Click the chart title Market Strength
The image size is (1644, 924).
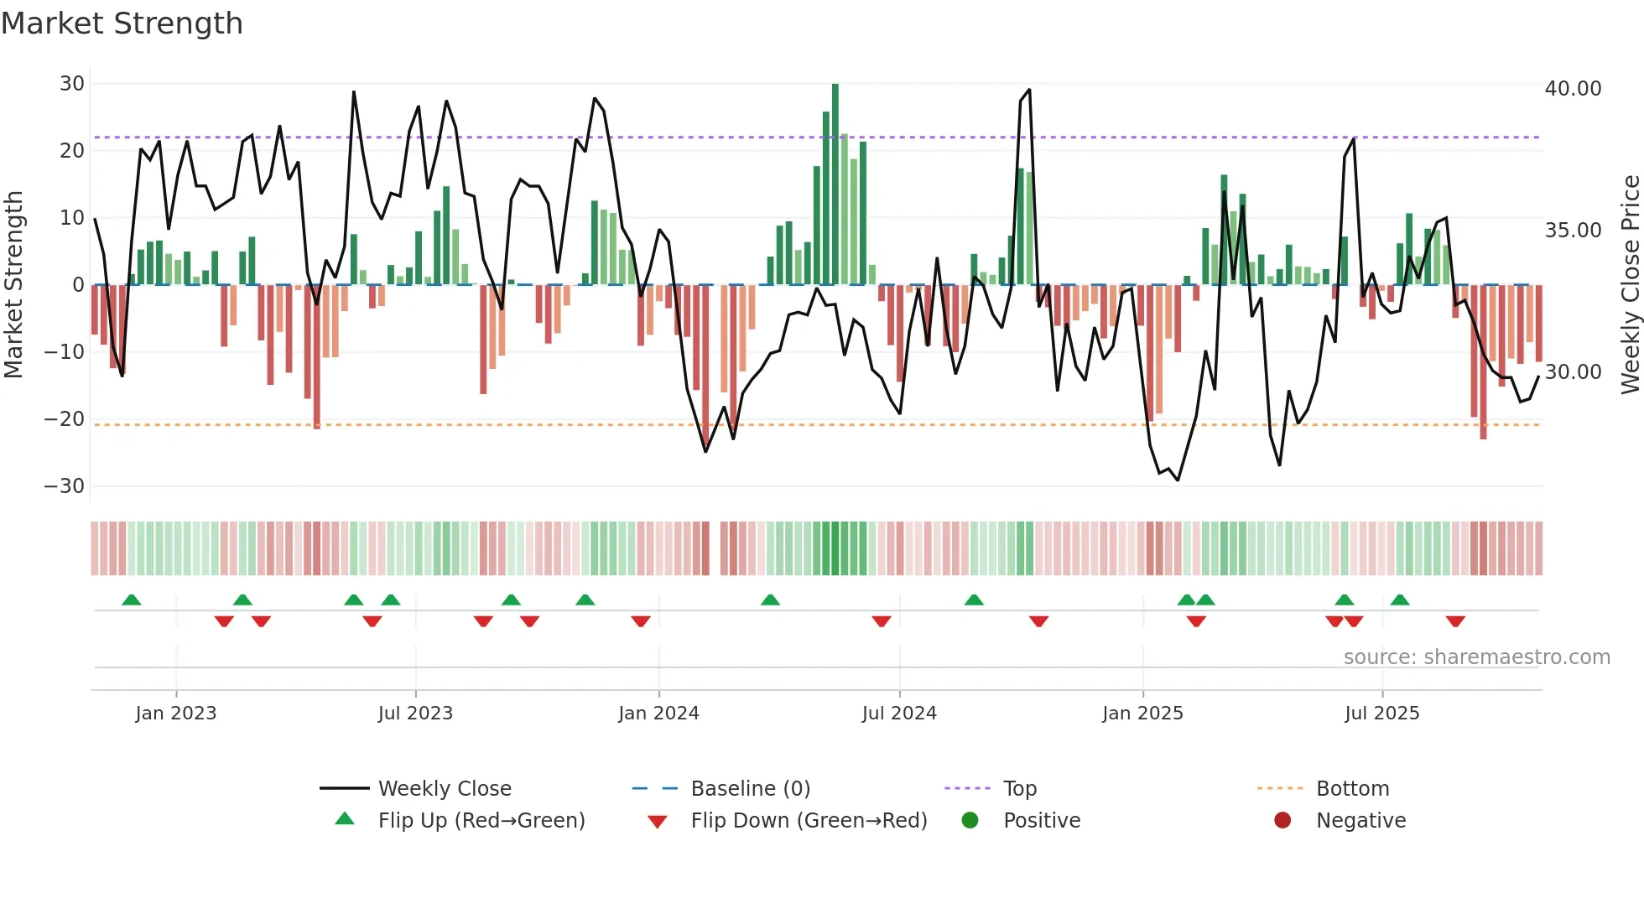point(122,23)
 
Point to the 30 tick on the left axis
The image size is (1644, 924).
point(72,84)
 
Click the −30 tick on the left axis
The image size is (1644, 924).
point(65,486)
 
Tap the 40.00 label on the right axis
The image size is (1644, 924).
point(1573,89)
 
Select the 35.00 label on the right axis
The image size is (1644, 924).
point(1573,231)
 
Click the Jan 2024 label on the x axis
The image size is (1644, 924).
point(658,714)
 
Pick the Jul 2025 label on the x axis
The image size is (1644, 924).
point(1381,714)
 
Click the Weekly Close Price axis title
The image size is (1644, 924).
point(1630,284)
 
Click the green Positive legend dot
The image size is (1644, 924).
point(970,821)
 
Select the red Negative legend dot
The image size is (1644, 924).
point(1282,821)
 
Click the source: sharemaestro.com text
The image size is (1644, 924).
point(1476,657)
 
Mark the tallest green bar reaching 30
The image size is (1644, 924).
point(835,184)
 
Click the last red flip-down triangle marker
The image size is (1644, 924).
point(1455,621)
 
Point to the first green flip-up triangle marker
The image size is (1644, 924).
point(132,600)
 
